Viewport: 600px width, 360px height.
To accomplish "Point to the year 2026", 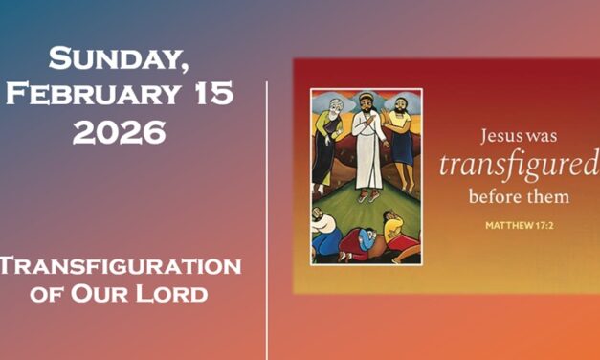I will click(120, 131).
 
